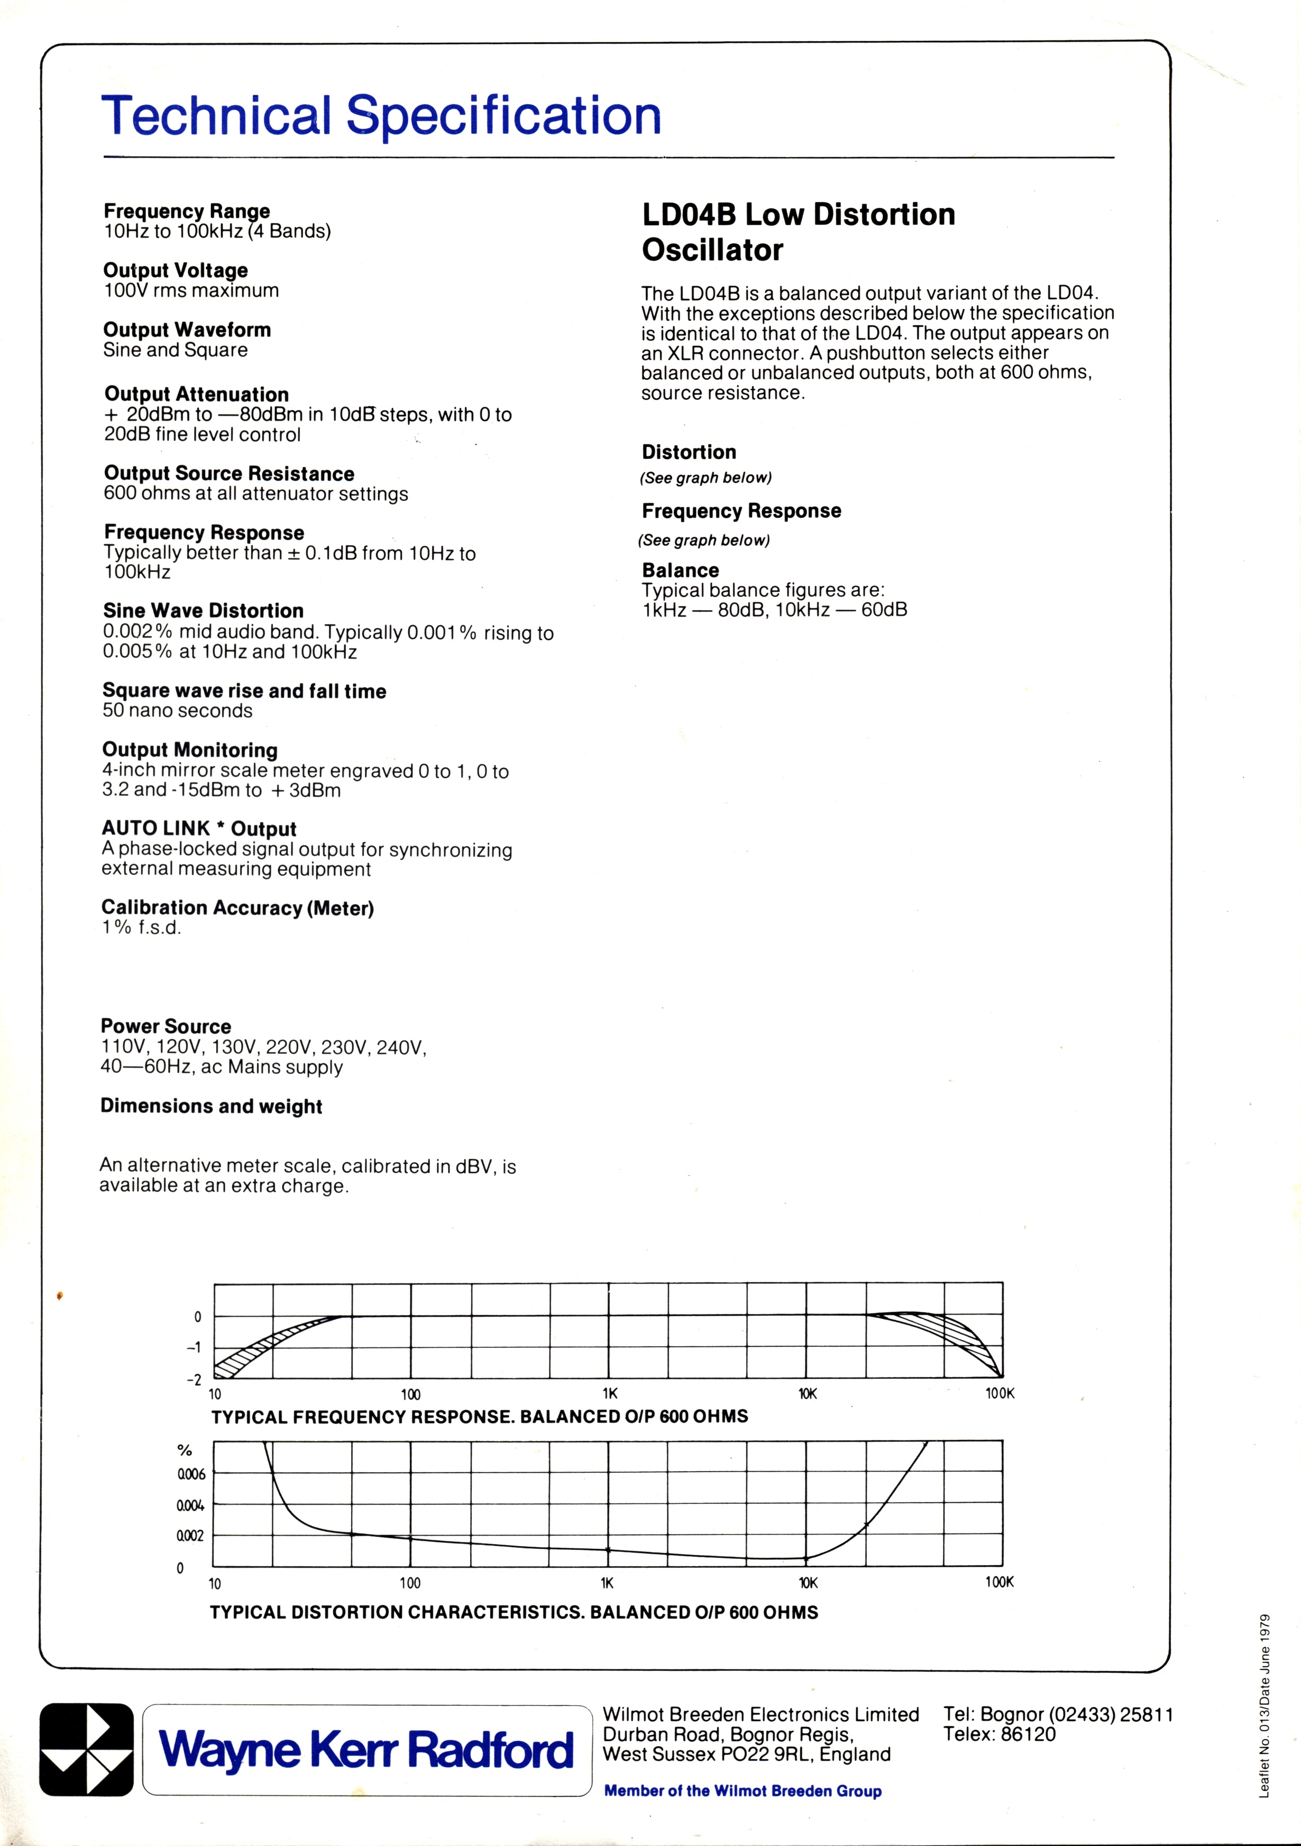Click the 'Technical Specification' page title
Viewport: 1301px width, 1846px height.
tap(381, 116)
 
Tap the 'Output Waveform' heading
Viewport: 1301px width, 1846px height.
tap(187, 329)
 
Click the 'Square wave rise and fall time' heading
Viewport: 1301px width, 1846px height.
tap(244, 691)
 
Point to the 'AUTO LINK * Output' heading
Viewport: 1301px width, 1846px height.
tap(199, 829)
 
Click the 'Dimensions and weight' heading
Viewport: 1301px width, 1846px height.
tap(210, 1106)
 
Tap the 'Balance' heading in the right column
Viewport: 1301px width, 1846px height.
tap(680, 570)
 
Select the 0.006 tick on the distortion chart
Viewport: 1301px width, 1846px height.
tap(191, 1474)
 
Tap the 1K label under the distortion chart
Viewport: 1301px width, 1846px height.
tap(607, 1583)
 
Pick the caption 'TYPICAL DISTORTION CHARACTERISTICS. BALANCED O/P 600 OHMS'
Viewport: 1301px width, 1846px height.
tap(514, 1612)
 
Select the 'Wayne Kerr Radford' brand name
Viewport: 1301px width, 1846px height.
tap(367, 1750)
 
